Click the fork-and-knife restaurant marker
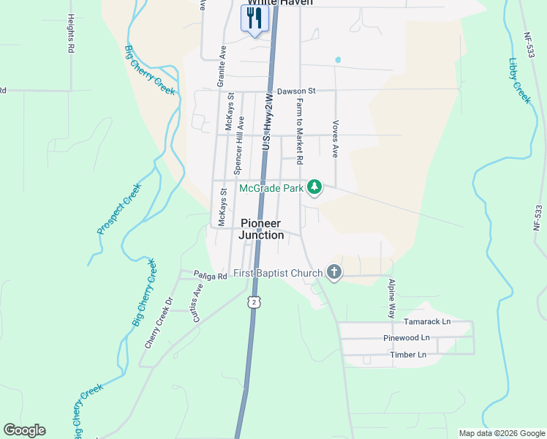254,18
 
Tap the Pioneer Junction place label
262,229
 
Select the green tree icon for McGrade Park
314,188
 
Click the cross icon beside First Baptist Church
334,274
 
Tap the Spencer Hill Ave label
238,145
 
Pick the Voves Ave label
335,139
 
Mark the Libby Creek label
518,80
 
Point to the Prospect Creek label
118,209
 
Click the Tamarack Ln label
428,322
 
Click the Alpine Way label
393,296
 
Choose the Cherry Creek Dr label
157,322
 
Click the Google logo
24,430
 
